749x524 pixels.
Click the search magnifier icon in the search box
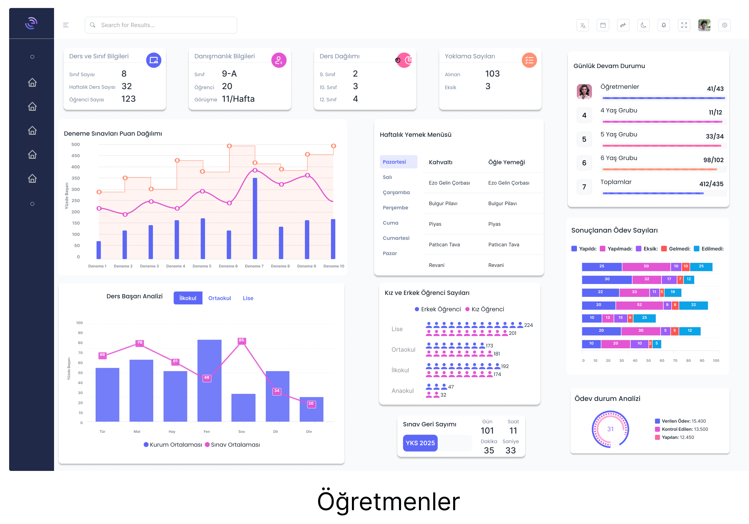(93, 25)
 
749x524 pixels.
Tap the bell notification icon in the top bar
(663, 25)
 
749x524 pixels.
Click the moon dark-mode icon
(643, 25)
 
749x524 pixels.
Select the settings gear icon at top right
(725, 25)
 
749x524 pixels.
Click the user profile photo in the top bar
(704, 25)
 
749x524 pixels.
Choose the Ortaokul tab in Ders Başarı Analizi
(219, 298)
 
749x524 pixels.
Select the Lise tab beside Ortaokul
(248, 298)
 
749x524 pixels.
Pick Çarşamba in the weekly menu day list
(396, 192)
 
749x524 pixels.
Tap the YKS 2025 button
(420, 443)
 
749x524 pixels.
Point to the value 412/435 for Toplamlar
(711, 184)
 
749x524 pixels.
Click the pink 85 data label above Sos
(241, 340)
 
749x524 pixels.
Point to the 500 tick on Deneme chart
(75, 144)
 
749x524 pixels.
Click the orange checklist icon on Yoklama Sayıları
(529, 60)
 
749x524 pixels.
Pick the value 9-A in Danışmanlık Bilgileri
(229, 73)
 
